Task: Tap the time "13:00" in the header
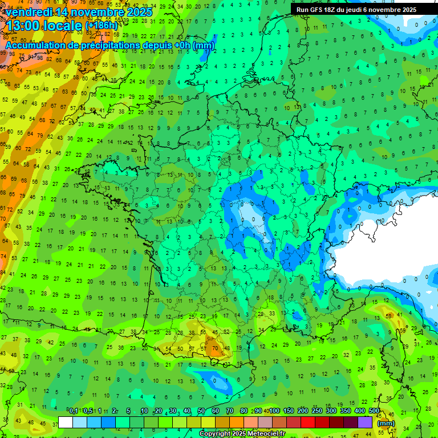tap(22, 25)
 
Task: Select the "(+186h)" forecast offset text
tap(102, 26)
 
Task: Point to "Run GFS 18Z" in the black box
tap(320, 10)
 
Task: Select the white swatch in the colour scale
tap(65, 423)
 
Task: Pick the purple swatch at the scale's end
tap(365, 423)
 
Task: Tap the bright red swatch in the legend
tap(308, 423)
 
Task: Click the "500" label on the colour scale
tap(374, 411)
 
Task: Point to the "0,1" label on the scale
tap(74, 411)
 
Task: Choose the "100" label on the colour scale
tap(274, 411)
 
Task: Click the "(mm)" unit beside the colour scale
tap(386, 423)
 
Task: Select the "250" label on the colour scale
tap(317, 411)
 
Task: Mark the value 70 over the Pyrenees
tap(214, 348)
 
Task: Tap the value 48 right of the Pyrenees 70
tap(226, 348)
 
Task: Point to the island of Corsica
tap(392, 356)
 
